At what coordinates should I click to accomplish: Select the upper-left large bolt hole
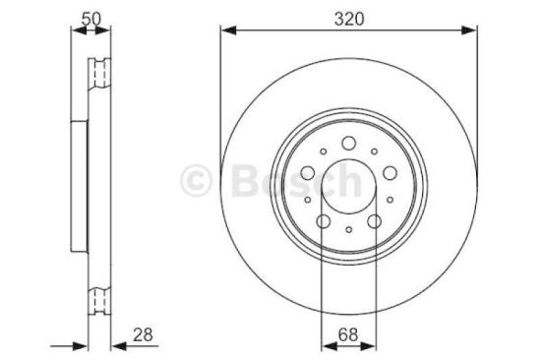coord(308,174)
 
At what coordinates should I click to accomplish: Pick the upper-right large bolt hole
coord(389,174)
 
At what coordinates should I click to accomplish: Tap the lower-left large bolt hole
coord(324,221)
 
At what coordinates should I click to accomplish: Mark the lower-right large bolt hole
coord(373,221)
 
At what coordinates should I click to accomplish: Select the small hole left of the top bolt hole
coord(324,152)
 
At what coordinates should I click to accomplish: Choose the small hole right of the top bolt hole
coord(373,152)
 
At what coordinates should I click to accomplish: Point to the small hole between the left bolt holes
coord(308,200)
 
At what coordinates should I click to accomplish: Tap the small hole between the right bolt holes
coord(389,200)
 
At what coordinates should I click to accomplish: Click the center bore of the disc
coord(348,186)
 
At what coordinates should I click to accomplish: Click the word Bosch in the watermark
coord(295,180)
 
